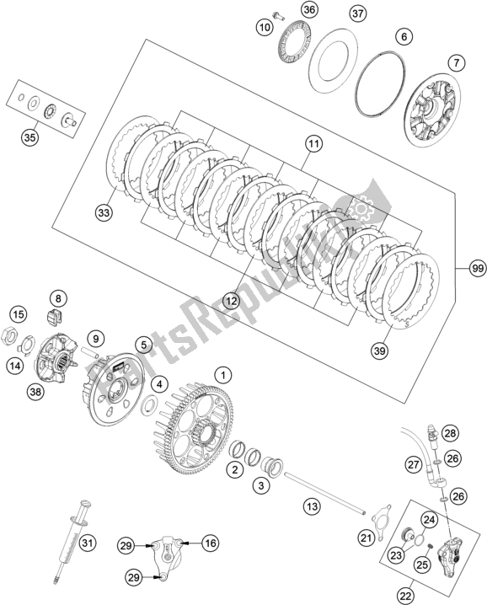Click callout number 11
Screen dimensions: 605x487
click(313, 145)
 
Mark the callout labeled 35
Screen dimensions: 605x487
click(29, 136)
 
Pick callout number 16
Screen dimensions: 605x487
click(211, 544)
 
